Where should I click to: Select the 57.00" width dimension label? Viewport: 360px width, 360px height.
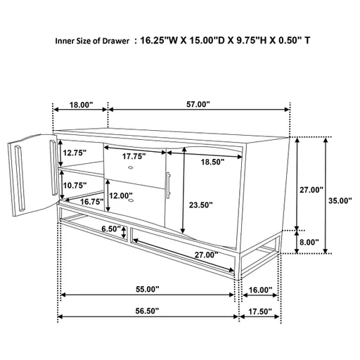click(x=198, y=104)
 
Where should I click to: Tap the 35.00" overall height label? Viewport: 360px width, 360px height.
click(x=340, y=200)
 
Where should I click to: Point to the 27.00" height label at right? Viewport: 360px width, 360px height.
click(x=310, y=190)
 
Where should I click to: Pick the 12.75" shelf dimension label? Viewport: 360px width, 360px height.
click(x=72, y=153)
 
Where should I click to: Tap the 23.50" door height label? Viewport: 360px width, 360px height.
click(x=201, y=205)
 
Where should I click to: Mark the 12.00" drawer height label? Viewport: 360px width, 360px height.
click(x=121, y=195)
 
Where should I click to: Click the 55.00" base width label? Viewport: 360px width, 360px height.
click(x=148, y=289)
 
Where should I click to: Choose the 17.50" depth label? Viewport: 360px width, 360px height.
click(x=260, y=311)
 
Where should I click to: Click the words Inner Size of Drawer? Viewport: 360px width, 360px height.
click(x=92, y=41)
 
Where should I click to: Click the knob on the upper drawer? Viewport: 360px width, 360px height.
click(x=131, y=169)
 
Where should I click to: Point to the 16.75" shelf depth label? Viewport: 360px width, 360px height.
click(x=91, y=201)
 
